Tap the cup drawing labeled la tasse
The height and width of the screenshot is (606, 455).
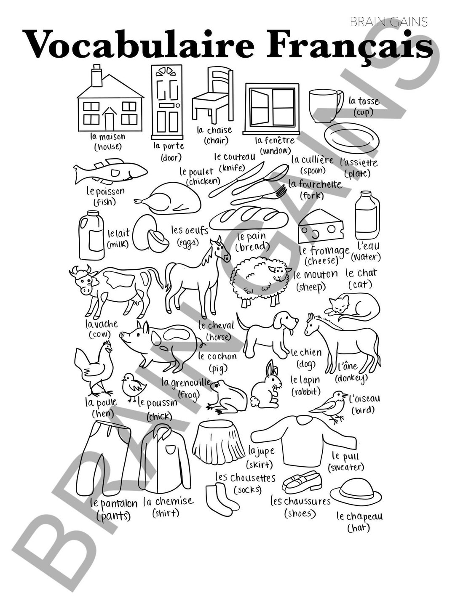[324, 105]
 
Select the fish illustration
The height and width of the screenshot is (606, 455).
[110, 171]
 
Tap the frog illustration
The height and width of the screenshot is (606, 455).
[227, 396]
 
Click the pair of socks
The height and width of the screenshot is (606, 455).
[219, 497]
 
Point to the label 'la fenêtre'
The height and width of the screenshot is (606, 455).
[275, 141]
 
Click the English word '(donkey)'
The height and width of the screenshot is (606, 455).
[351, 378]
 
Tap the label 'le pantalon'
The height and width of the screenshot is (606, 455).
[114, 503]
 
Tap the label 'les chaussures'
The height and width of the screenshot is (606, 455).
[300, 502]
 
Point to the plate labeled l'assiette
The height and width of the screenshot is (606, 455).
[352, 139]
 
